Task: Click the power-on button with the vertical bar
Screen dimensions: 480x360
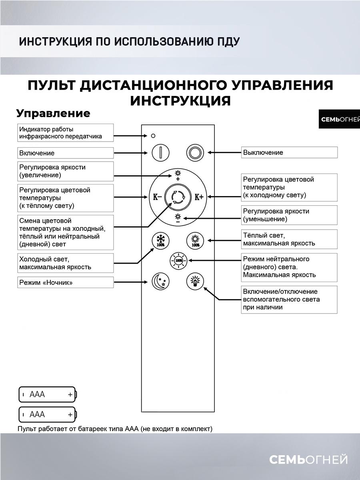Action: point(160,152)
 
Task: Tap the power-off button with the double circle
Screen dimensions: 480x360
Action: point(195,152)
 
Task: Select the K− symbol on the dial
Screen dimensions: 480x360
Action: point(157,197)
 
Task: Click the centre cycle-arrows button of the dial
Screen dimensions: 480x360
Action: point(178,197)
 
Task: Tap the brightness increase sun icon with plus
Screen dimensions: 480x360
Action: point(178,175)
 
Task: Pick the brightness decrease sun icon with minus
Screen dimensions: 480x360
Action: point(178,218)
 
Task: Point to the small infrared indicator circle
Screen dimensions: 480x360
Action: point(153,136)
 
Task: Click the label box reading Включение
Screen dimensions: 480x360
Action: point(65,153)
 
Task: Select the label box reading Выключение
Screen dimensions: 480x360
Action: point(289,152)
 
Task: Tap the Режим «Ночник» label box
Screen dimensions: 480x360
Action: point(65,282)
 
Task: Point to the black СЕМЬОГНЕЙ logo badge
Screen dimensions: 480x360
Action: point(339,119)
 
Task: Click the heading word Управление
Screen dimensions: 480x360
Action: point(53,113)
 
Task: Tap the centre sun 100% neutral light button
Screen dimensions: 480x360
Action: point(178,261)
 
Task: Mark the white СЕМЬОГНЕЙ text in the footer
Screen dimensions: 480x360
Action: point(308,460)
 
